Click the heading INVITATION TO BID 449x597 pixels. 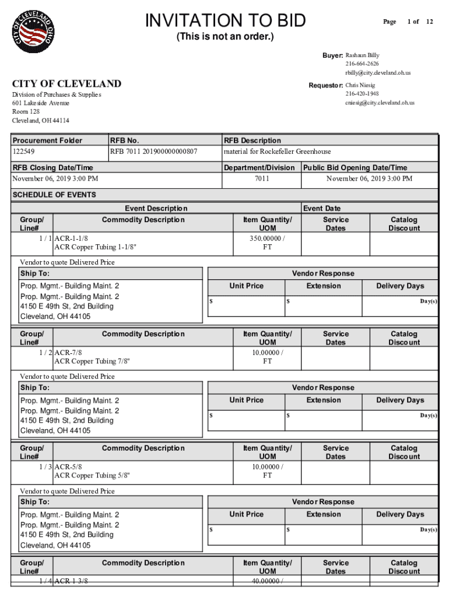[225, 21]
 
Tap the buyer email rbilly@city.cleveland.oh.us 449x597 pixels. [378, 73]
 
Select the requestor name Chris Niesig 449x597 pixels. [360, 85]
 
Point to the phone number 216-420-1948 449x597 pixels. [362, 94]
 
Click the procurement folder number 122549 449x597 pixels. [23, 152]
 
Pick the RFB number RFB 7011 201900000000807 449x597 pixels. [154, 152]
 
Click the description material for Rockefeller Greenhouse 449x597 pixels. [278, 152]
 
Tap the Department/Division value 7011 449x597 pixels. [262, 178]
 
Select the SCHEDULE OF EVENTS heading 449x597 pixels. [54, 195]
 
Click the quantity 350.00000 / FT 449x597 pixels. [267, 242]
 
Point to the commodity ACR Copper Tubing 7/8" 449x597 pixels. [92, 361]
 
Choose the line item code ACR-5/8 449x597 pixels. [68, 467]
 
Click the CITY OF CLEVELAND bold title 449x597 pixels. [67, 84]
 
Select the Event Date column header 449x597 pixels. [322, 208]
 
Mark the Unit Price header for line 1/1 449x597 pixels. [246, 286]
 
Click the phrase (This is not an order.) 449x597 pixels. [225, 38]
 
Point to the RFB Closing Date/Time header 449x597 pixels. [52, 168]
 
